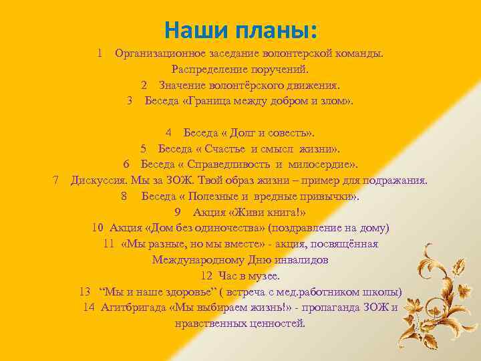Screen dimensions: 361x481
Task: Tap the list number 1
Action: (99, 52)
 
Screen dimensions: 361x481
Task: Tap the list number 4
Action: (170, 132)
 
